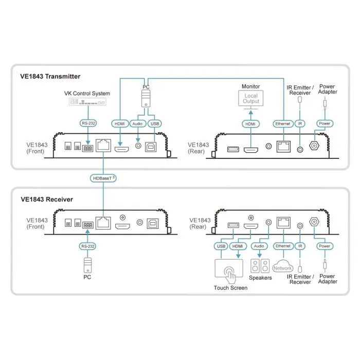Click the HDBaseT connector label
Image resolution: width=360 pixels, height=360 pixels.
(x=103, y=178)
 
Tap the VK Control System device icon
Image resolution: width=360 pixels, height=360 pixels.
(x=87, y=102)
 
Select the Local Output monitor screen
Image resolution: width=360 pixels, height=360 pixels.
(x=251, y=99)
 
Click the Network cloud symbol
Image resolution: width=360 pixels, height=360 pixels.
(x=283, y=266)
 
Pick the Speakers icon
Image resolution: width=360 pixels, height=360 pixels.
(x=260, y=266)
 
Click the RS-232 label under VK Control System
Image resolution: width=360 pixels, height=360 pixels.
(x=88, y=123)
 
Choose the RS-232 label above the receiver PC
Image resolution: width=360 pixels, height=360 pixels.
(x=87, y=246)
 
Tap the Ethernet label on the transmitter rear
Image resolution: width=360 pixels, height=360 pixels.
(x=283, y=124)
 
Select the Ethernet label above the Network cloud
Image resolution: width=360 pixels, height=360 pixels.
(x=283, y=246)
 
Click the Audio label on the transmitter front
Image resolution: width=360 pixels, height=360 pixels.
(x=137, y=124)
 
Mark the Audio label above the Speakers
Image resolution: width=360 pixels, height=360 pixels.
(x=259, y=246)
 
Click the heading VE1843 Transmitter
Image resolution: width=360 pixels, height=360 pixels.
(x=50, y=77)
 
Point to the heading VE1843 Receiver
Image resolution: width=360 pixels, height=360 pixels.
(x=47, y=200)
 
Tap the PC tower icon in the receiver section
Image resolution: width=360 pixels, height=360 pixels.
(x=87, y=265)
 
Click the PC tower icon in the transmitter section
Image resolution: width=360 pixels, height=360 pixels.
(x=146, y=98)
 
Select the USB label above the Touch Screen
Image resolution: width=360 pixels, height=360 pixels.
(x=221, y=246)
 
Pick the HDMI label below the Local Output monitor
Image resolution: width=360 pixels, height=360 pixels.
(x=251, y=124)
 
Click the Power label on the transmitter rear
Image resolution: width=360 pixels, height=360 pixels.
(x=325, y=123)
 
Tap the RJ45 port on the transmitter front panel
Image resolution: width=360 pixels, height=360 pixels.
(x=103, y=146)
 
